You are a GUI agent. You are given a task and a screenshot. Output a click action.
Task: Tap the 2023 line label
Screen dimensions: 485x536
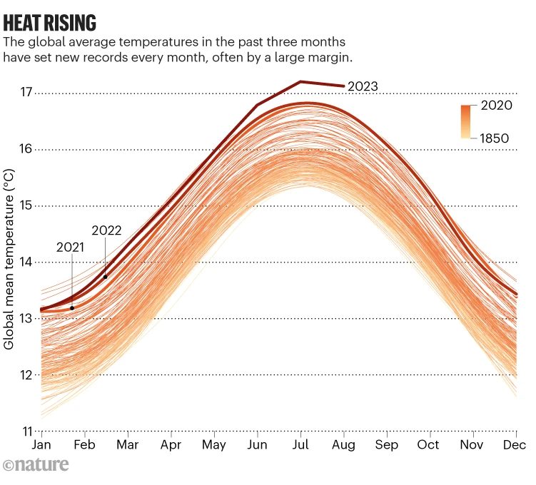pos(363,86)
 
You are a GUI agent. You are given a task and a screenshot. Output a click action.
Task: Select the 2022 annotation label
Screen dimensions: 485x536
pos(106,230)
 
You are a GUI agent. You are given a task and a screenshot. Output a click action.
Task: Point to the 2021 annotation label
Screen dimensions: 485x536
pos(71,247)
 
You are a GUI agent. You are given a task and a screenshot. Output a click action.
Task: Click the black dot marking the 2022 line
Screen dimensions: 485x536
pos(105,277)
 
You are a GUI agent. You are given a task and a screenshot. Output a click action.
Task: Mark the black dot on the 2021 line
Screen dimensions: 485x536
pos(72,307)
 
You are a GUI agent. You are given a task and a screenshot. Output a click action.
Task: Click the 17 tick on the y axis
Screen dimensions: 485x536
pos(27,92)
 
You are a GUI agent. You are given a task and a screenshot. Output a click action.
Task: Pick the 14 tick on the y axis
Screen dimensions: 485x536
pos(27,262)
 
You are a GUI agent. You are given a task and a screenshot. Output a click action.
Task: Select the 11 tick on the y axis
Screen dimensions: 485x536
pos(27,432)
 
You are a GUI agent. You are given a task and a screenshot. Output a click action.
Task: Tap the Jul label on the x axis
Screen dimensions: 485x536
pos(300,445)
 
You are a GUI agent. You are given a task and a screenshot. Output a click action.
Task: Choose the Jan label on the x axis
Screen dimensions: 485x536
pos(42,445)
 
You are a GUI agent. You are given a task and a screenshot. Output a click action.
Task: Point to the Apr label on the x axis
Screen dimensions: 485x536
pos(171,445)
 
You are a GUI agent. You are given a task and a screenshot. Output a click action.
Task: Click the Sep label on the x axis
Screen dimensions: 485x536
pos(387,445)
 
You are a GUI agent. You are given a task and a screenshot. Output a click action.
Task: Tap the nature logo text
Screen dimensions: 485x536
pos(36,465)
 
